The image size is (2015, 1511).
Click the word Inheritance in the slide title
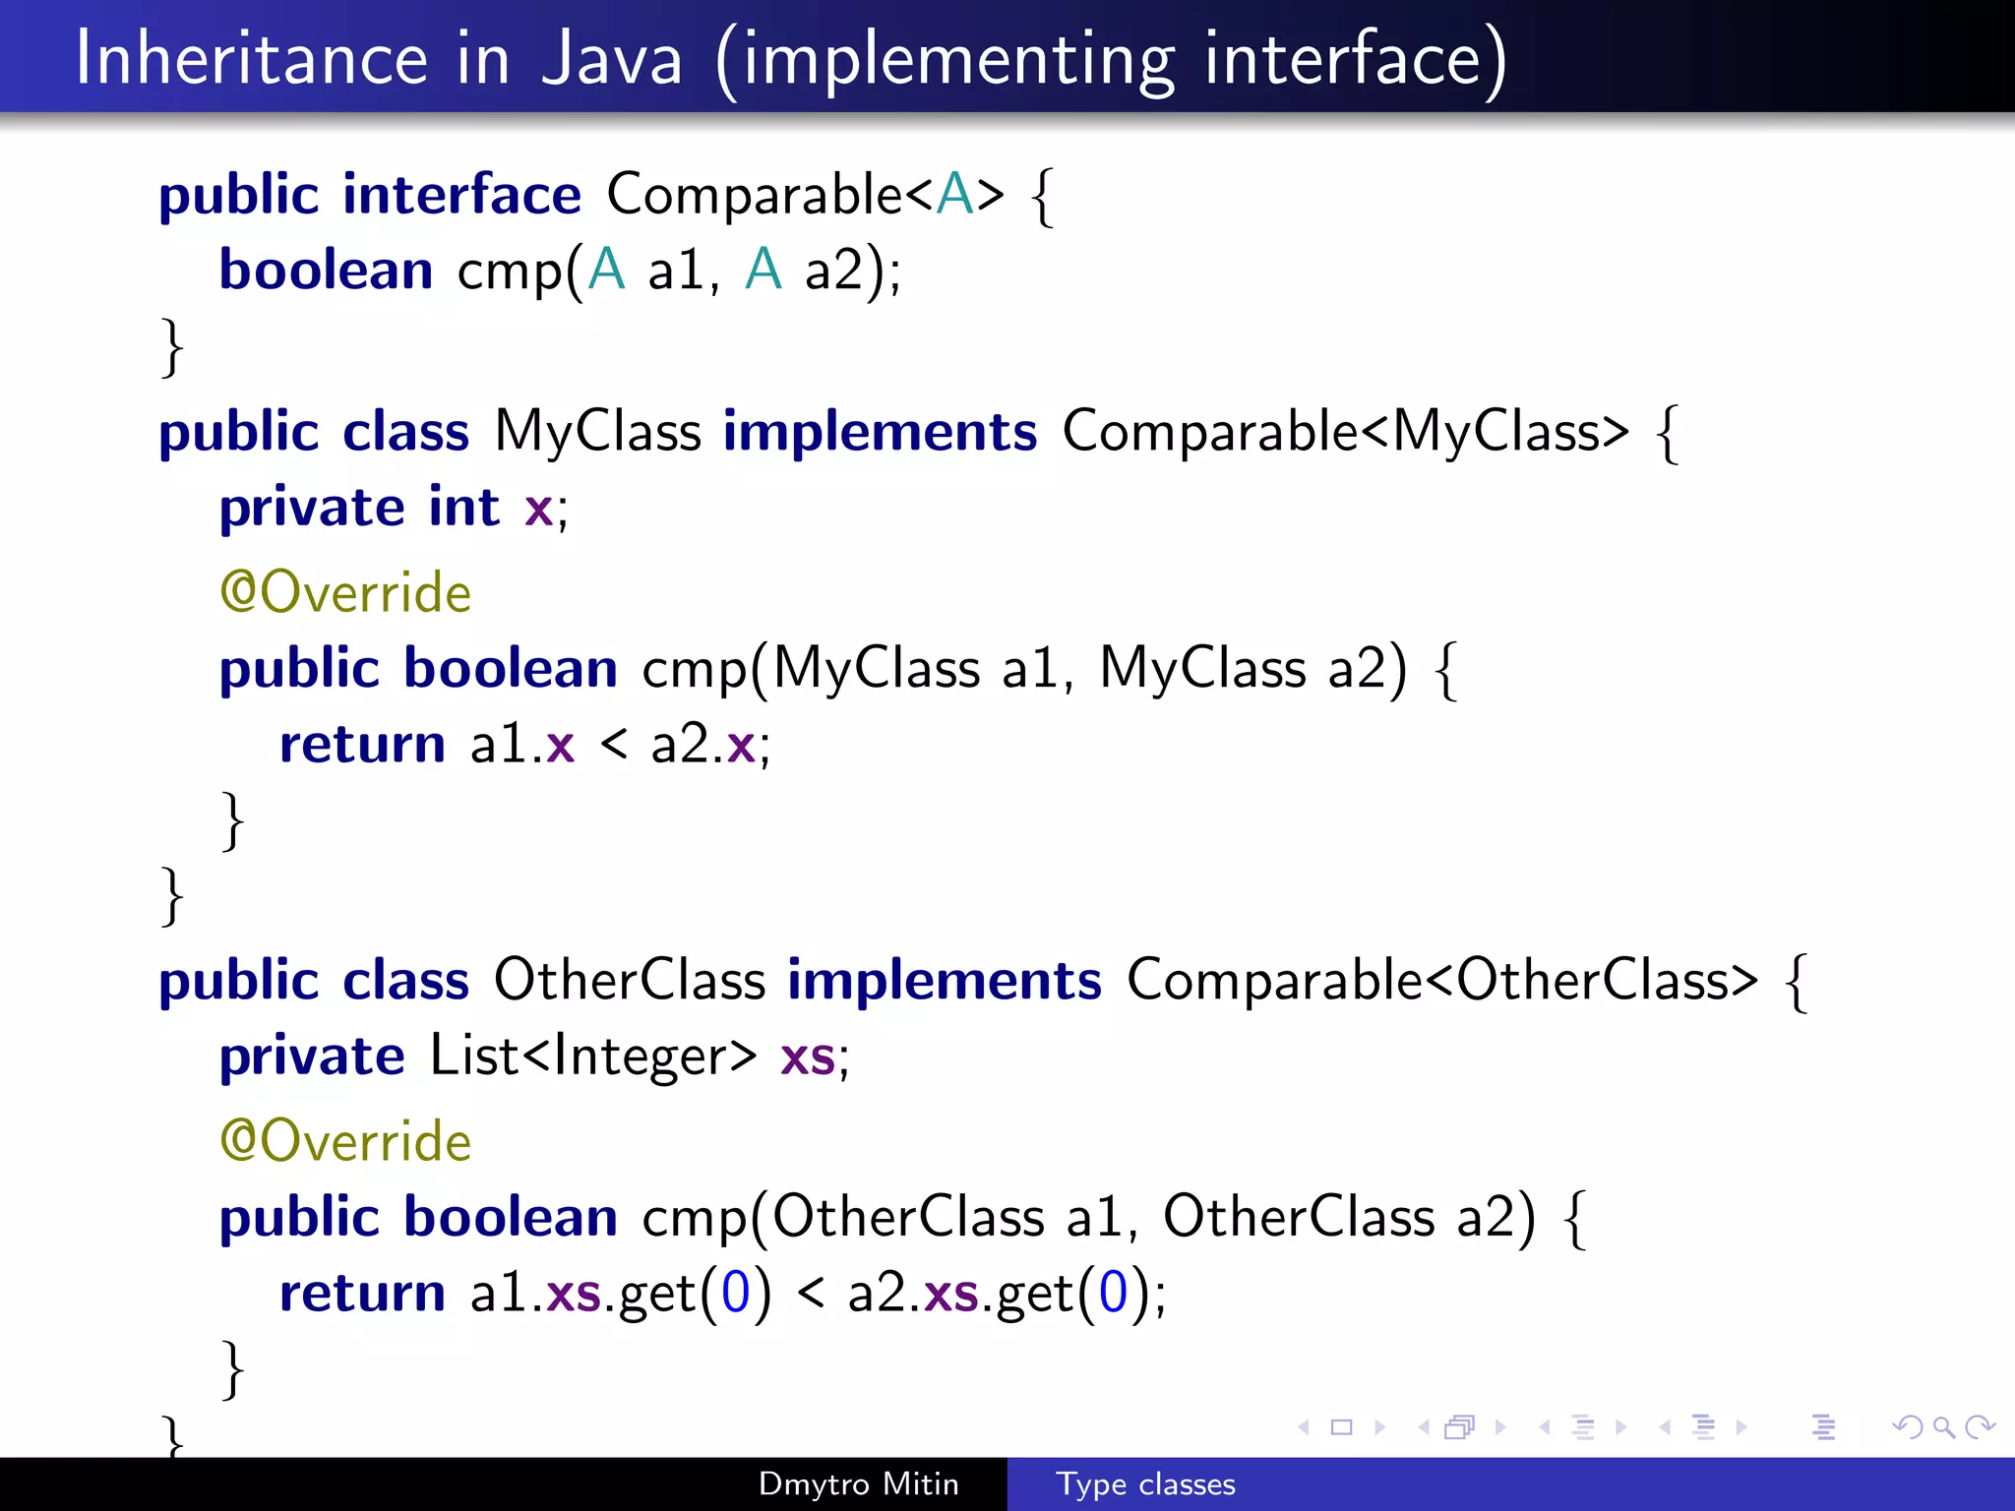point(252,59)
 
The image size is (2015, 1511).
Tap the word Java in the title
point(612,59)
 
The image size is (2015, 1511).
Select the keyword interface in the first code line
point(461,195)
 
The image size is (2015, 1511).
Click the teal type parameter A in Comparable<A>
point(954,194)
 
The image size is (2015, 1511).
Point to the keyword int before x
point(463,509)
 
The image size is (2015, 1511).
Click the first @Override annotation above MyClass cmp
point(345,593)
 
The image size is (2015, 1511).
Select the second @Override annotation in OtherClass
point(345,1142)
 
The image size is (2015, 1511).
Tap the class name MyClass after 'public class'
point(597,432)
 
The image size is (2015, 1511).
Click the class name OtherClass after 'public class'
point(629,981)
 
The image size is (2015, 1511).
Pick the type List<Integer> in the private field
point(593,1057)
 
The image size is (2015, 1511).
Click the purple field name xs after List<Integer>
point(808,1058)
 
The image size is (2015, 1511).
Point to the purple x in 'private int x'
point(538,511)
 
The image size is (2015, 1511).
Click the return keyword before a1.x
point(362,745)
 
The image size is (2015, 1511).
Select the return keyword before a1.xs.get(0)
point(362,1294)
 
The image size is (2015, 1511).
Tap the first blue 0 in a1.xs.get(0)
point(735,1293)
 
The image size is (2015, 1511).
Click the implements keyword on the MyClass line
point(880,433)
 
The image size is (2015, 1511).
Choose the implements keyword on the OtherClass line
point(945,981)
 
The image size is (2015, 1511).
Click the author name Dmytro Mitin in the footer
point(858,1483)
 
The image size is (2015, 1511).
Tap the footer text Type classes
point(1145,1483)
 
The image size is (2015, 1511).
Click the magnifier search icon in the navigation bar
point(1943,1426)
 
